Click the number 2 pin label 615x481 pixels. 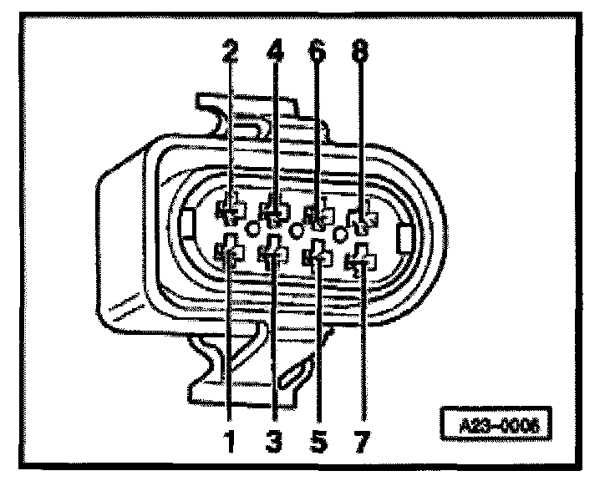[230, 53]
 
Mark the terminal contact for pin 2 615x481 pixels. [230, 209]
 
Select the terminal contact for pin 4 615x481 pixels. [274, 210]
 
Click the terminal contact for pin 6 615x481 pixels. [317, 215]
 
